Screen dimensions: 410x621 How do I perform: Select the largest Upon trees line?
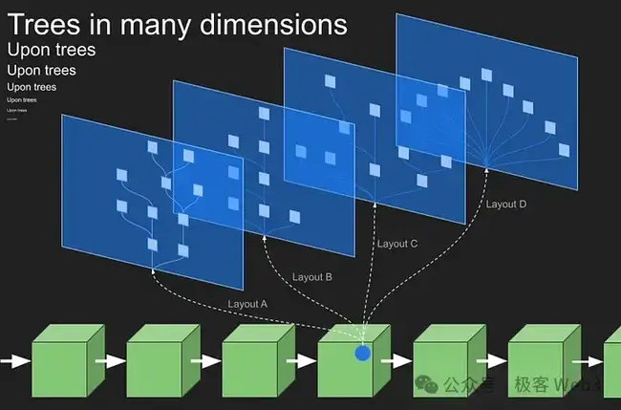[x=52, y=50]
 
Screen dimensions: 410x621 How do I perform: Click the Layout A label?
[x=248, y=304]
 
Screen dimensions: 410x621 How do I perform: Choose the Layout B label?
[x=311, y=277]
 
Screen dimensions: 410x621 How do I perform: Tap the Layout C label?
[x=397, y=244]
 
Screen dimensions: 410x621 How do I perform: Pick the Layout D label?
[x=506, y=204]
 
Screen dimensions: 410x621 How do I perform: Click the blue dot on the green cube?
[x=362, y=354]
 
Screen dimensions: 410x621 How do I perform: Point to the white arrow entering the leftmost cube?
[x=15, y=362]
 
